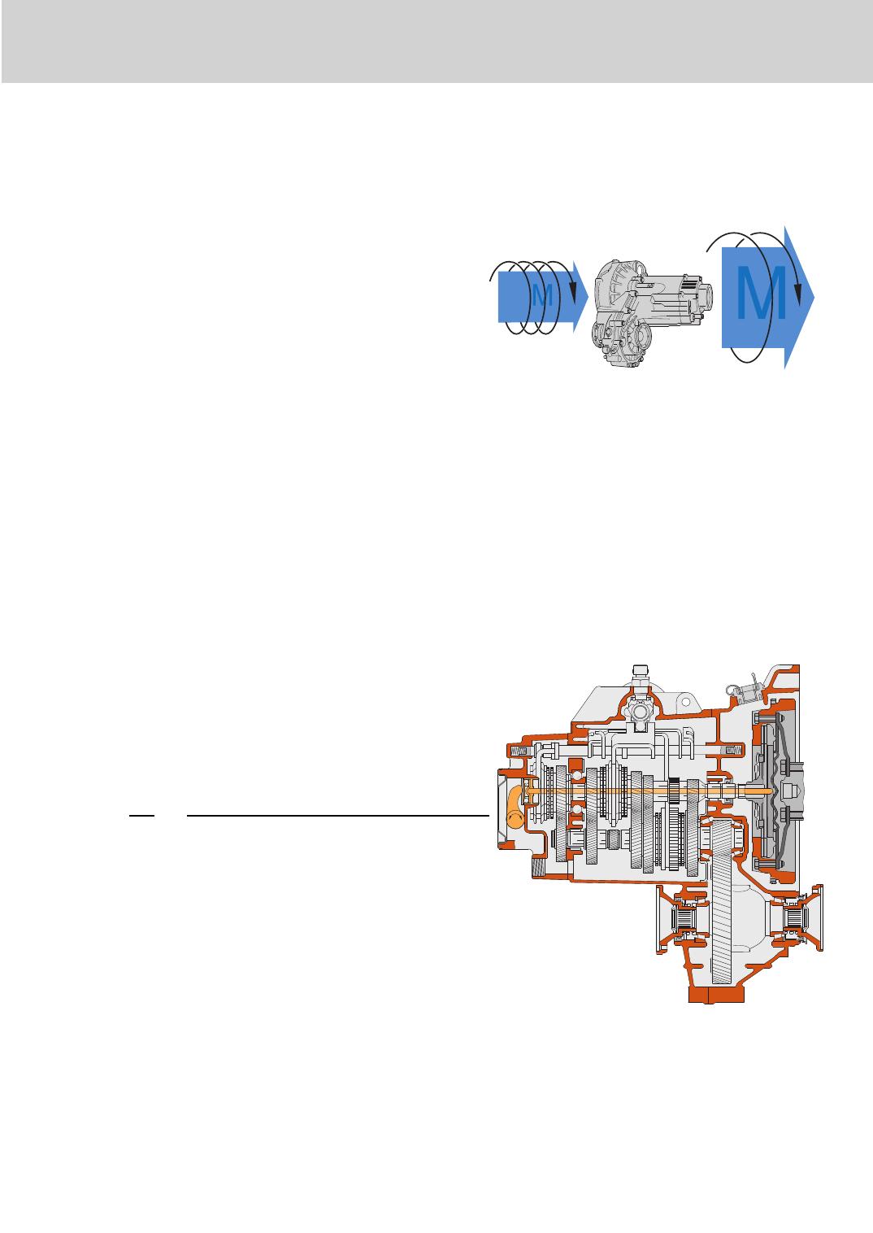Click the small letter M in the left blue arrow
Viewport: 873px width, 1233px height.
(542, 296)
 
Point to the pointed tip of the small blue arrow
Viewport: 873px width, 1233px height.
(588, 297)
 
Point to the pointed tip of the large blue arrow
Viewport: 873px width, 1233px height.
(814, 297)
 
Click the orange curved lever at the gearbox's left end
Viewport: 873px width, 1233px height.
(515, 807)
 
